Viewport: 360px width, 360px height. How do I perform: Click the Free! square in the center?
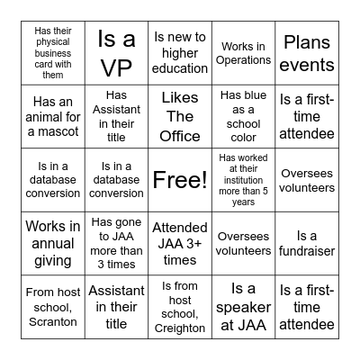pyautogui.click(x=180, y=180)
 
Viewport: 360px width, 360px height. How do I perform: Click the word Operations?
pyautogui.click(x=244, y=60)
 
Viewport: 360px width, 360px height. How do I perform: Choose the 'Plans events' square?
pyautogui.click(x=307, y=53)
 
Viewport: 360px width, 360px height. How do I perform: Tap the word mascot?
pyautogui.click(x=77, y=131)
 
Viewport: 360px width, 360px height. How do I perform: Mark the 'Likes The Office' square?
pyautogui.click(x=180, y=116)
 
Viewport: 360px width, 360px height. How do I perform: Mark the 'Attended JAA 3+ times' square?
pyautogui.click(x=180, y=244)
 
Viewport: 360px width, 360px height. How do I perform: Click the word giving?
pyautogui.click(x=52, y=261)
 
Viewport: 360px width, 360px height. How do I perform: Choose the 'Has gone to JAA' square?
pyautogui.click(x=116, y=243)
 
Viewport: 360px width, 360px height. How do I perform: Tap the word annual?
pyautogui.click(x=52, y=244)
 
